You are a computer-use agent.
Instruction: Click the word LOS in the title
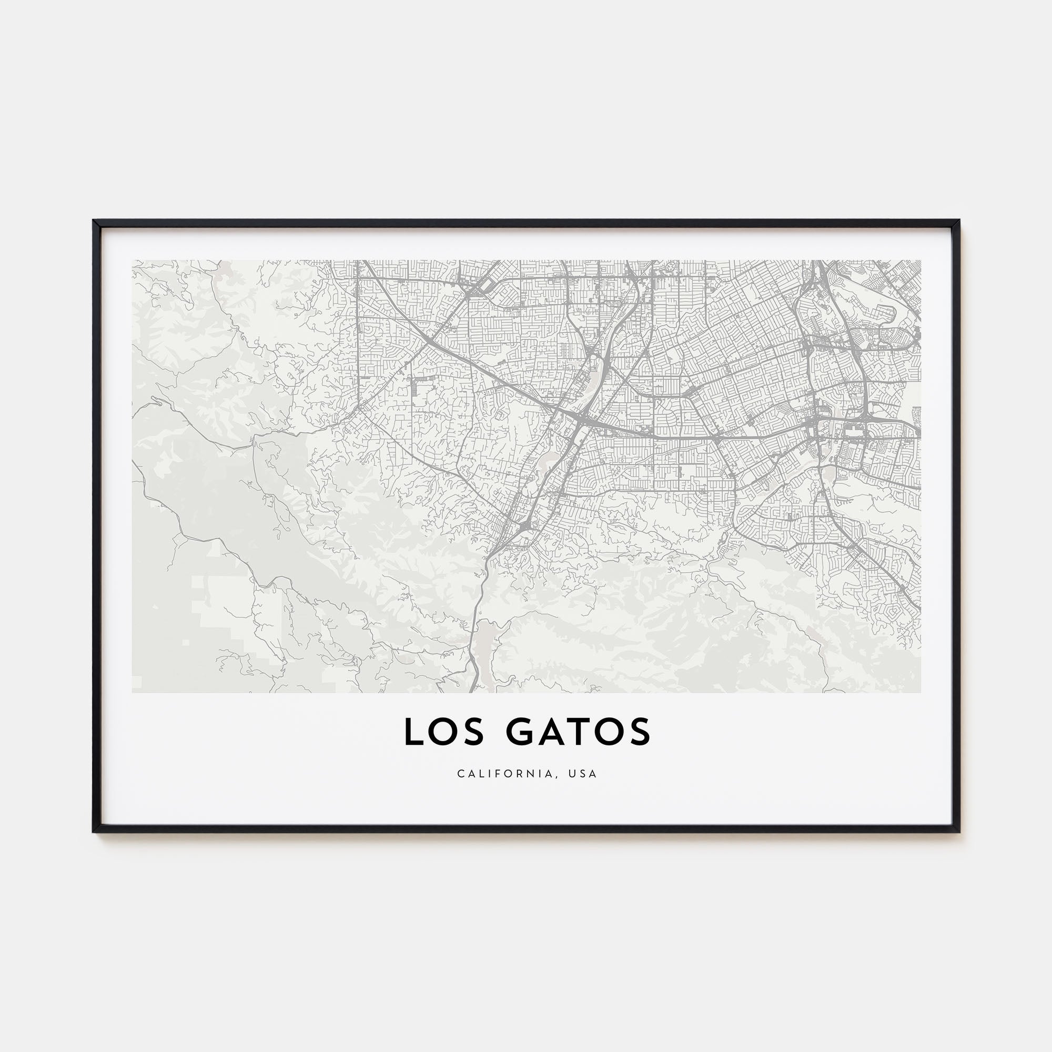[444, 732]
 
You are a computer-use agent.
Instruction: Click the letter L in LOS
[413, 732]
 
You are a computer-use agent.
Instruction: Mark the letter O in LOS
[443, 732]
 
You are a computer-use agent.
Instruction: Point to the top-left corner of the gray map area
[133, 260]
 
